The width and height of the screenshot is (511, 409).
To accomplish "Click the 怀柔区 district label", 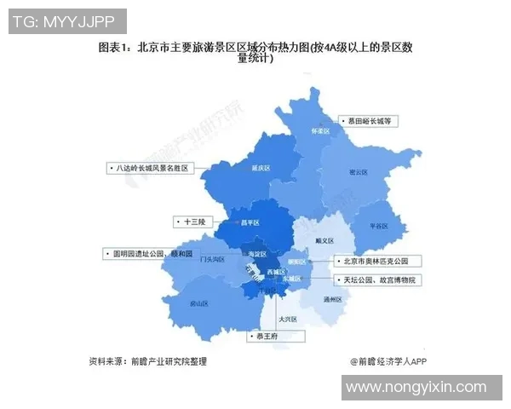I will [319, 132].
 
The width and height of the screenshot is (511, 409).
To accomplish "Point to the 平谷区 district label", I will [378, 226].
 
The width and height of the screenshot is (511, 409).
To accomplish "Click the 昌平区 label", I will [249, 223].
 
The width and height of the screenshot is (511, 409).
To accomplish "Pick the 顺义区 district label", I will [324, 241].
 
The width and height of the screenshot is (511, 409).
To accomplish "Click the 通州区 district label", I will [333, 300].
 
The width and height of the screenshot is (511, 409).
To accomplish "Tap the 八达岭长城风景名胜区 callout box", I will [152, 168].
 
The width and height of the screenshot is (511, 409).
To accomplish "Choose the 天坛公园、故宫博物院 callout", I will [379, 279].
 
